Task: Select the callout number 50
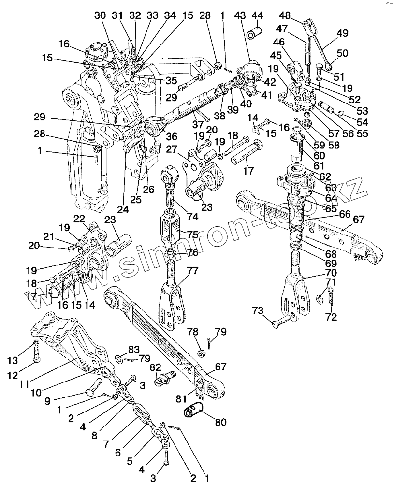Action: pyautogui.click(x=342, y=53)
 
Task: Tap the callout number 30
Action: pyautogui.click(x=100, y=15)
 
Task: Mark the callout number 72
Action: pyautogui.click(x=330, y=317)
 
